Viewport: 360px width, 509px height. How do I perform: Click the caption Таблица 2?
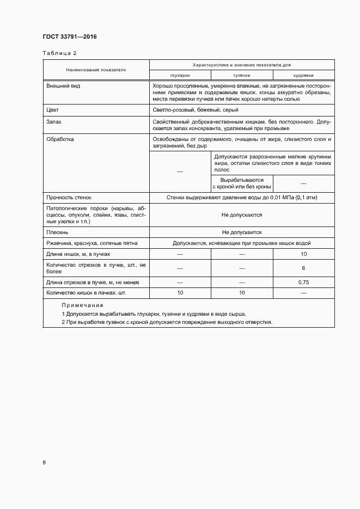(x=59, y=53)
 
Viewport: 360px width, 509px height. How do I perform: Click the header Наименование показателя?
(x=96, y=70)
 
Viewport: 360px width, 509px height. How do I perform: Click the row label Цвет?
(x=53, y=110)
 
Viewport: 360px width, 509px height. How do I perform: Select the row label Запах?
(x=54, y=122)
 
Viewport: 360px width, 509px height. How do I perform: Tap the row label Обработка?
(x=60, y=139)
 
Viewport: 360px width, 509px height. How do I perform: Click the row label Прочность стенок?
(x=69, y=198)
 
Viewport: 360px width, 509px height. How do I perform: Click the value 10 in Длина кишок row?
(x=303, y=254)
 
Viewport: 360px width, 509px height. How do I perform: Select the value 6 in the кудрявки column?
(x=303, y=268)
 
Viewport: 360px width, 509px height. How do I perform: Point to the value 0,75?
(x=303, y=283)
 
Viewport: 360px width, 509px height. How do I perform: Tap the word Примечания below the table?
(x=82, y=305)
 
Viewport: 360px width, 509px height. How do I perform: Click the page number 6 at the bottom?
(x=44, y=462)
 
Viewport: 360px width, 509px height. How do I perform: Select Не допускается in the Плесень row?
(x=241, y=232)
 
